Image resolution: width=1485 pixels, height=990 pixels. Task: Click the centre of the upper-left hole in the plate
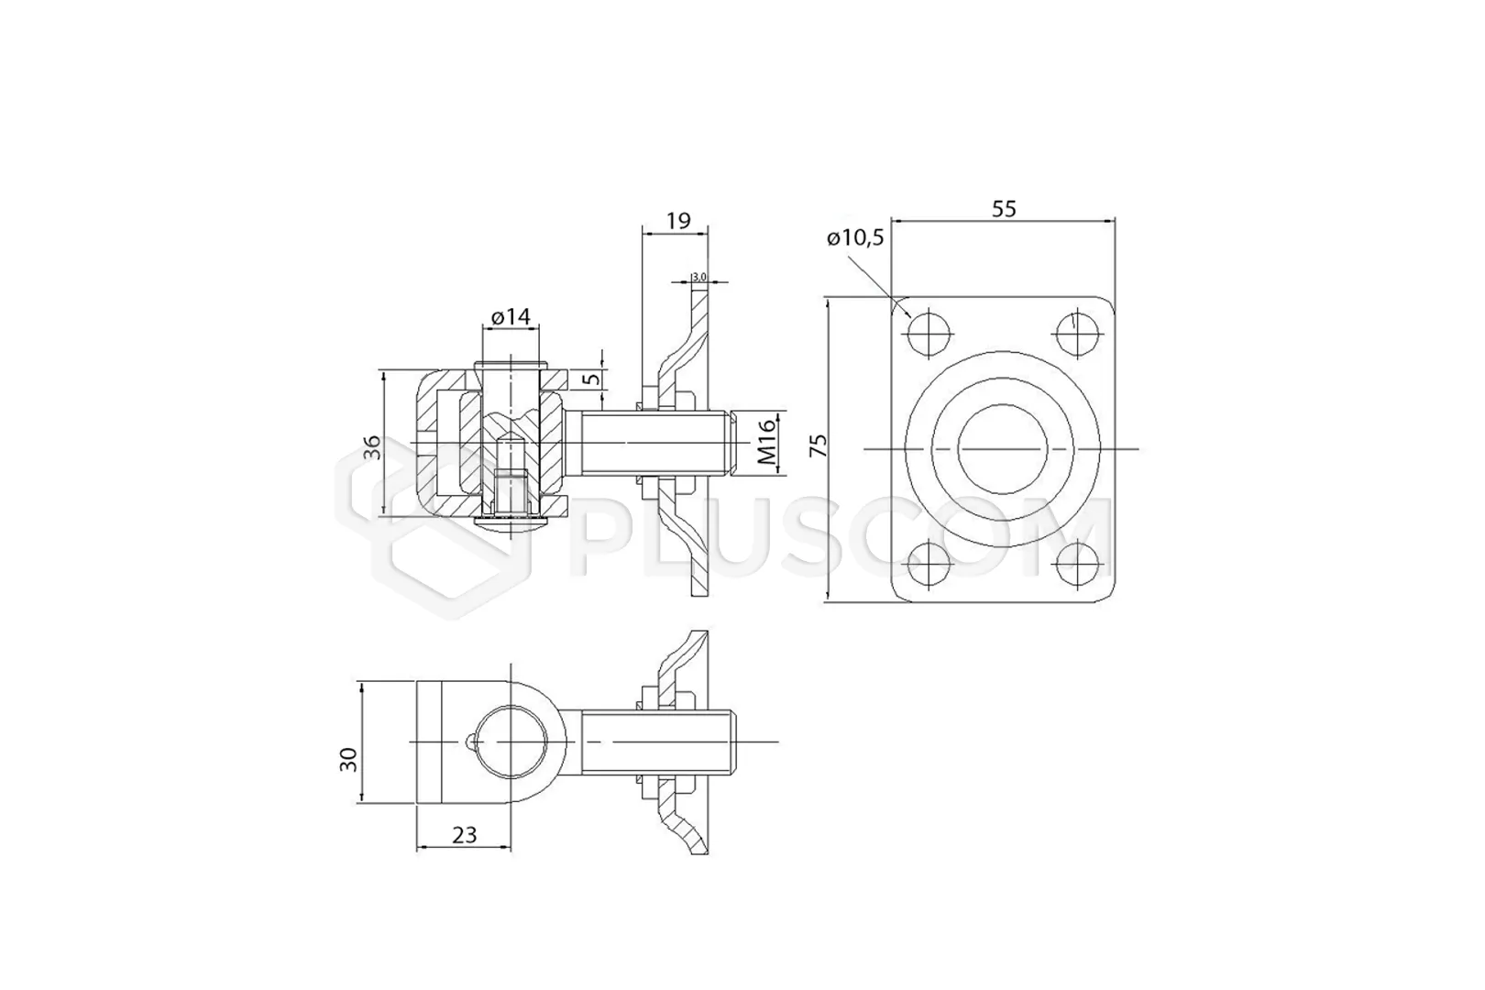[x=929, y=333]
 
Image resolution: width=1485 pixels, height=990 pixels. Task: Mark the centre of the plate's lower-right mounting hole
[x=1075, y=566]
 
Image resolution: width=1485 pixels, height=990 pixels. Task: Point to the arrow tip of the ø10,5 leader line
[x=911, y=317]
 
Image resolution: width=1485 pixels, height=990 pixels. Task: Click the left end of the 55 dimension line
[x=892, y=220]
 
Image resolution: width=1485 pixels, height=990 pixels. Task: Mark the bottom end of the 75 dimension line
[x=828, y=603]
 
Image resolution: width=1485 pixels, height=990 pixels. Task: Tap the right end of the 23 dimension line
[x=511, y=847]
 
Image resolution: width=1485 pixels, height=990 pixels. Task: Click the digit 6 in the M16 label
[x=766, y=425]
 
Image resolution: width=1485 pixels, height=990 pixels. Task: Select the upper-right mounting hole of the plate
[x=1075, y=333]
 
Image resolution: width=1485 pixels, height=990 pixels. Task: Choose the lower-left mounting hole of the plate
[x=929, y=566]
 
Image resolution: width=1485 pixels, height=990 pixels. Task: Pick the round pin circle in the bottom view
[x=511, y=742]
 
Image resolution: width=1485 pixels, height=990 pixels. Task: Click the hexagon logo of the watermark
[x=434, y=528]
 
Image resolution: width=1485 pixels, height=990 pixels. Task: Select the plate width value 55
[x=1004, y=209]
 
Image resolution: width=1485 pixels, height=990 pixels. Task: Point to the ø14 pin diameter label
[x=511, y=317]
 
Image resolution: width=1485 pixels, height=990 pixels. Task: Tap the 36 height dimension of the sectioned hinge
[x=372, y=447]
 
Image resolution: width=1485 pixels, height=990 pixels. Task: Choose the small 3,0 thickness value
[x=698, y=277]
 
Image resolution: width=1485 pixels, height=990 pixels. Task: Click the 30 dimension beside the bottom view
[x=348, y=759]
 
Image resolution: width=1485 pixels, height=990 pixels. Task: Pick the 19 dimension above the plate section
[x=678, y=220]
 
